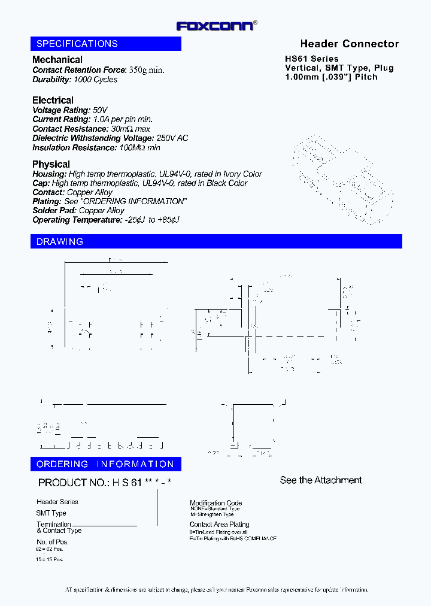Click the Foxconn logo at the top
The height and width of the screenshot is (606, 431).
[216, 26]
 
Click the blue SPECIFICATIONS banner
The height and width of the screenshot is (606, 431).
[106, 44]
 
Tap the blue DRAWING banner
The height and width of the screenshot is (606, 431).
[216, 241]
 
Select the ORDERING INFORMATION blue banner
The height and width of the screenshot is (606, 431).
[106, 464]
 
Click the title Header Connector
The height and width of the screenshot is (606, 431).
[349, 44]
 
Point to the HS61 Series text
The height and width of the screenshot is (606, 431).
[311, 59]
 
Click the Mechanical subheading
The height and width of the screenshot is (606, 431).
[57, 60]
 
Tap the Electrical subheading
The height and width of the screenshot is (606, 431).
[53, 100]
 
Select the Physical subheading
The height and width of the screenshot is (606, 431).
[51, 164]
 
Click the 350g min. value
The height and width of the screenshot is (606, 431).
[146, 70]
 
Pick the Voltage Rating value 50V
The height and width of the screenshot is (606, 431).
[100, 110]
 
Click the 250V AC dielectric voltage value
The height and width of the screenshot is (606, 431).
[172, 138]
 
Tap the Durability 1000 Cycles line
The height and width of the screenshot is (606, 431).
[75, 80]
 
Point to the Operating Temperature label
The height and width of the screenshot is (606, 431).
[77, 220]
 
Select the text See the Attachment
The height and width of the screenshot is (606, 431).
[321, 480]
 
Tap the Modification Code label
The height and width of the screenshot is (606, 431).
[215, 503]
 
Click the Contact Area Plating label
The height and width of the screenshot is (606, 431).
[219, 525]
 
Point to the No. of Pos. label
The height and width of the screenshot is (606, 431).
[52, 542]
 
